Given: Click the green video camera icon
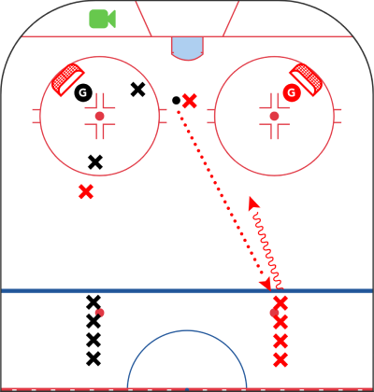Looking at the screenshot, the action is [x=103, y=19].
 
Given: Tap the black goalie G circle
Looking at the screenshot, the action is [x=83, y=92].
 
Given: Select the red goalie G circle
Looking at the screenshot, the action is [x=292, y=92].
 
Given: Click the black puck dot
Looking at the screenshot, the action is [x=176, y=100].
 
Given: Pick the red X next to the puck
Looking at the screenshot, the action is [x=190, y=101].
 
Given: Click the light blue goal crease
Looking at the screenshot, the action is [x=187, y=49].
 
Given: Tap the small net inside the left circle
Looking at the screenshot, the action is [x=67, y=79].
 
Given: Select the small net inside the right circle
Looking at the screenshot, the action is [x=306, y=79].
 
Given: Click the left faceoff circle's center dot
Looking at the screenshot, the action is [x=99, y=116].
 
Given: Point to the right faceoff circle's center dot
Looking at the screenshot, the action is [x=274, y=116].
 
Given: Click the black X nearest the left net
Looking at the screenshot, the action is [x=137, y=90].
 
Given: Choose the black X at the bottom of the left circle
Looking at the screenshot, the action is [x=95, y=162].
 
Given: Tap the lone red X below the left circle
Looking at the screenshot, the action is [x=86, y=191].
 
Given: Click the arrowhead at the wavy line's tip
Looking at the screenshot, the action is [x=253, y=203].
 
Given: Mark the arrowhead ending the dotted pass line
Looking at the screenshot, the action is [x=266, y=285].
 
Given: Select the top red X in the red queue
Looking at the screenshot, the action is [x=280, y=303].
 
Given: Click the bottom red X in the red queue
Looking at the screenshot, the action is [x=280, y=360].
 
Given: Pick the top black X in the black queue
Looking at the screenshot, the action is [x=93, y=302].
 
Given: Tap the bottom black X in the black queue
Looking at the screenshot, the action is [x=93, y=358].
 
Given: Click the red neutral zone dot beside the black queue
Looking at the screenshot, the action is [x=100, y=313].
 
